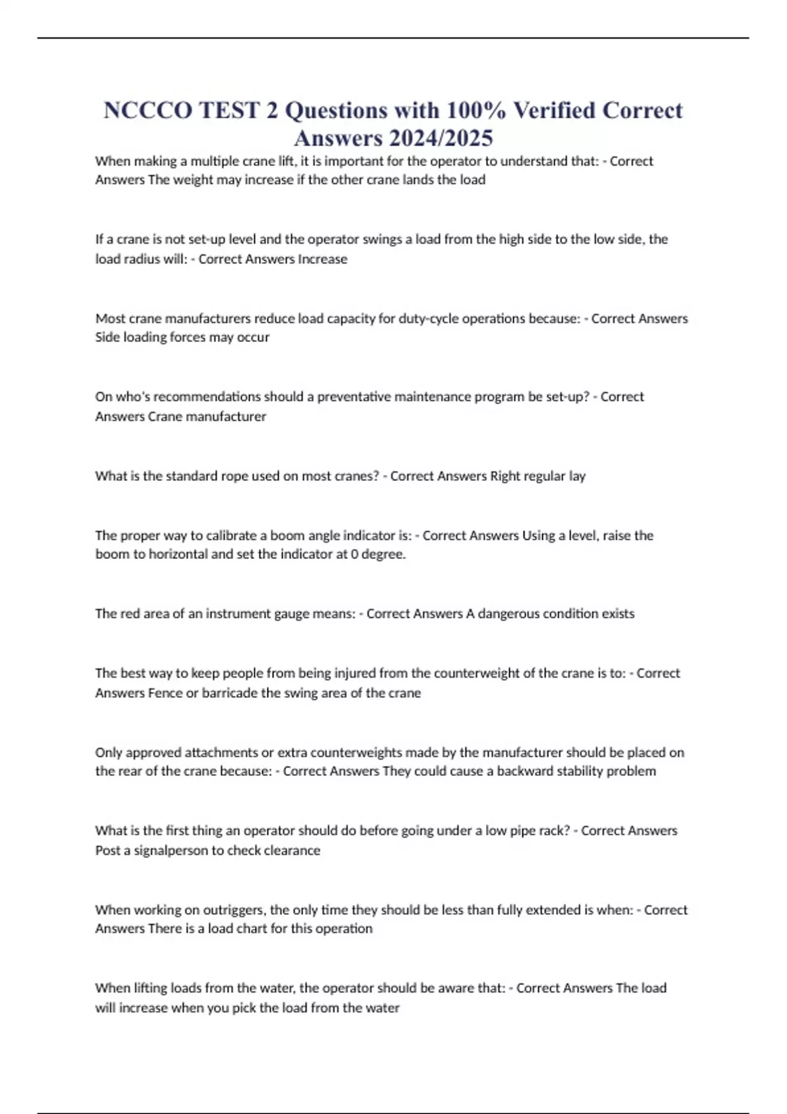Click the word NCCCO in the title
tap(147, 110)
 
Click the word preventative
tap(355, 397)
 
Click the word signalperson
tap(168, 851)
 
